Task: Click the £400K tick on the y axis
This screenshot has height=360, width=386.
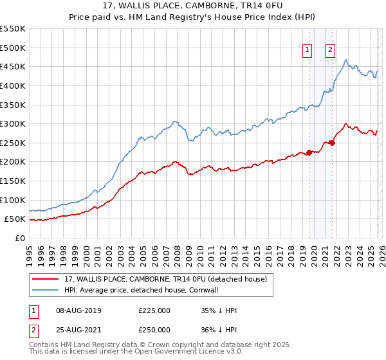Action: [13, 85]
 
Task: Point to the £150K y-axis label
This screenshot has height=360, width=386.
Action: [13, 181]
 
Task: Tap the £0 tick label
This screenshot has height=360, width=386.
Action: [19, 238]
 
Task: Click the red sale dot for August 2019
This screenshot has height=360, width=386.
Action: [309, 152]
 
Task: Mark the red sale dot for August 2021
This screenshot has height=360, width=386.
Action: [332, 143]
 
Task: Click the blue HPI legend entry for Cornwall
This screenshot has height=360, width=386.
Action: [151, 290]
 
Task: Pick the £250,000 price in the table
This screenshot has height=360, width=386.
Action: [154, 330]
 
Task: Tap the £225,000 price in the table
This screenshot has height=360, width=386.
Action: [154, 310]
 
